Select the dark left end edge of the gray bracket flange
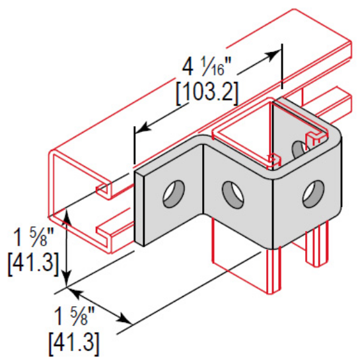click(x=139, y=206)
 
